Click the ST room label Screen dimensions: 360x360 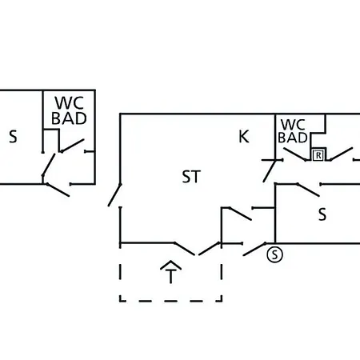tap(191, 177)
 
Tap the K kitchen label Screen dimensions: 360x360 tap(244, 137)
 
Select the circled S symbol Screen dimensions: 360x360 tap(274, 254)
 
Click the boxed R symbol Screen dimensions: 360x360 tap(318, 155)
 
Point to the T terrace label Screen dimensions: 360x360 tap(171, 276)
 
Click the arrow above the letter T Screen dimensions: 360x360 tap(171, 265)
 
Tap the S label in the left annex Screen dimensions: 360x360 tap(13, 137)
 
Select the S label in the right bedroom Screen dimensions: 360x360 tap(322, 214)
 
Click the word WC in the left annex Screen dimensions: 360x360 tap(69, 103)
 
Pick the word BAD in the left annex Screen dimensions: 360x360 tap(69, 118)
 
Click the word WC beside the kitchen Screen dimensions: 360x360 tap(293, 125)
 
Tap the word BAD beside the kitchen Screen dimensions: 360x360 tap(293, 138)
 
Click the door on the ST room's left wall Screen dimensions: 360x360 tap(114, 195)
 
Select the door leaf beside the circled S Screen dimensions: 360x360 tap(254, 250)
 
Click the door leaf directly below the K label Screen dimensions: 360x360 tap(270, 171)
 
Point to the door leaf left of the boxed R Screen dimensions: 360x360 tap(295, 154)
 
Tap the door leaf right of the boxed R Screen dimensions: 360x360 tap(342, 154)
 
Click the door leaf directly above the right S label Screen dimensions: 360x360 tap(308, 190)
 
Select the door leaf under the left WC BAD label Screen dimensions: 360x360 tap(73, 146)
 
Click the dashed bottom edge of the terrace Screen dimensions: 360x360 tap(171, 301)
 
